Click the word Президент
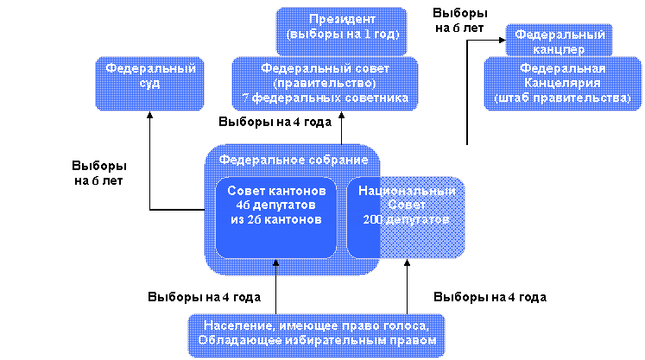point(341,19)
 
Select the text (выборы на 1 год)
point(341,35)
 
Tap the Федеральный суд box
point(150,76)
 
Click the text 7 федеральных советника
point(325,99)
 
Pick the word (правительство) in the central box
point(325,84)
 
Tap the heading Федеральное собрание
point(293,161)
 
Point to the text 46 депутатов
point(276,205)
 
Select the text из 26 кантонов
point(276,220)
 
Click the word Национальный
point(407,191)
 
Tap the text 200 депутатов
point(407,220)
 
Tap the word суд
point(150,84)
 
